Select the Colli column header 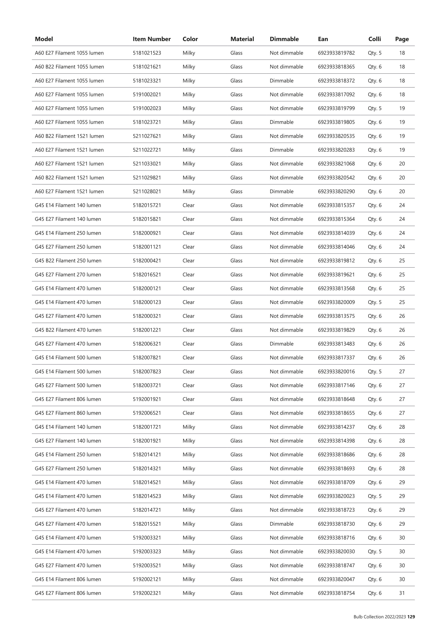pyautogui.click(x=374, y=39)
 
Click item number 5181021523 pyautogui.click(x=147, y=53)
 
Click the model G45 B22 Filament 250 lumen pyautogui.click(x=68, y=261)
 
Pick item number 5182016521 pyautogui.click(x=147, y=275)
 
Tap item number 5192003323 pyautogui.click(x=147, y=551)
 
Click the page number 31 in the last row pyautogui.click(x=402, y=593)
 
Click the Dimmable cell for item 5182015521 pyautogui.click(x=281, y=524)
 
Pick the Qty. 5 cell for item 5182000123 pyautogui.click(x=374, y=302)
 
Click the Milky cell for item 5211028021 pyautogui.click(x=189, y=191)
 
